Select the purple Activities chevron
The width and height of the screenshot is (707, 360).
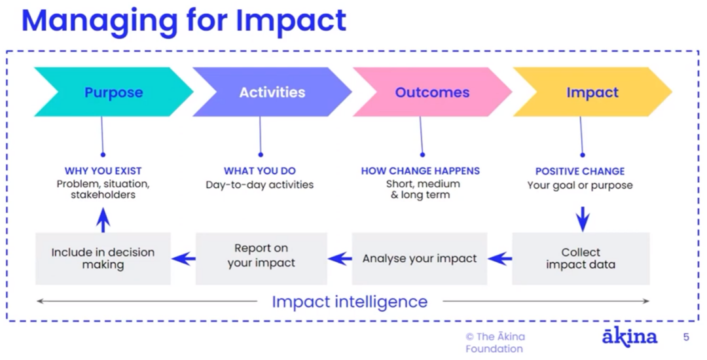pos(272,92)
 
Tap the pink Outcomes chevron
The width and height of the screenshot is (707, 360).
pos(432,92)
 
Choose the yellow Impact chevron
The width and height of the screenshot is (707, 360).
pos(592,92)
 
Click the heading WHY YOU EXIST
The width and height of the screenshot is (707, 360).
pos(103,171)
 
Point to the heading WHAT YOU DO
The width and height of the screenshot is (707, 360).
pos(260,171)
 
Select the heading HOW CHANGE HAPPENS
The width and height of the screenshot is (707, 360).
pos(420,171)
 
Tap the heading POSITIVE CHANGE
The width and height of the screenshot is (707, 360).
pos(580,171)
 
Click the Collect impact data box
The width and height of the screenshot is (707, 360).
pos(581,259)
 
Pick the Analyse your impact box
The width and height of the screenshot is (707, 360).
pos(420,259)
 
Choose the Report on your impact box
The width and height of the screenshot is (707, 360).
pos(261,259)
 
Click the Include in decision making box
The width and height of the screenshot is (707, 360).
pos(103,259)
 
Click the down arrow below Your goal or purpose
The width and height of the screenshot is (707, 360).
pos(583,219)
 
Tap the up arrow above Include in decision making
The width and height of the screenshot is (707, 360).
pos(103,220)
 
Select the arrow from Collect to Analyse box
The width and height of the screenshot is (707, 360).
pos(499,259)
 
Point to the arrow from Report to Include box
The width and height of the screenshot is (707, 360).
pos(183,259)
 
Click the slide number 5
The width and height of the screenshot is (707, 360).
pos(686,337)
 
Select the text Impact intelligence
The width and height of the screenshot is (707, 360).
pos(350,302)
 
